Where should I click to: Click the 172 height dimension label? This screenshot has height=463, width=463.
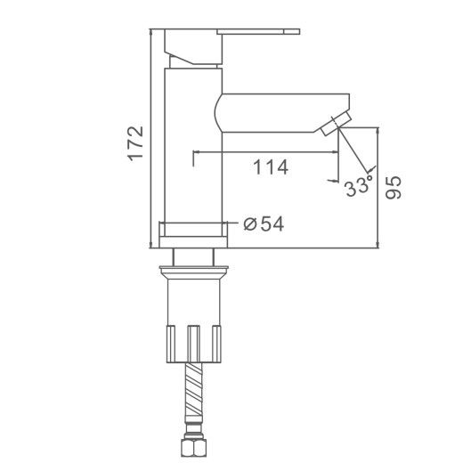(x=135, y=143)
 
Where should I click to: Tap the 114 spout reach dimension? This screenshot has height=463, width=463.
(x=271, y=167)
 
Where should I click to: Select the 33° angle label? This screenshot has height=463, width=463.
(x=359, y=186)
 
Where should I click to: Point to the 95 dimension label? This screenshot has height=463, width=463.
(x=393, y=187)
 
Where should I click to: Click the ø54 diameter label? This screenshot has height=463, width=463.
(x=264, y=223)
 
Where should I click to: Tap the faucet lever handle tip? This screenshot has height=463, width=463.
(x=292, y=32)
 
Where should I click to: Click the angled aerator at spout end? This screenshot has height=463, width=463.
(x=336, y=123)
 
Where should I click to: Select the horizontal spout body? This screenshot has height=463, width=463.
(x=281, y=113)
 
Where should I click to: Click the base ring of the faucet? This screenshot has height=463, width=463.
(x=193, y=234)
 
